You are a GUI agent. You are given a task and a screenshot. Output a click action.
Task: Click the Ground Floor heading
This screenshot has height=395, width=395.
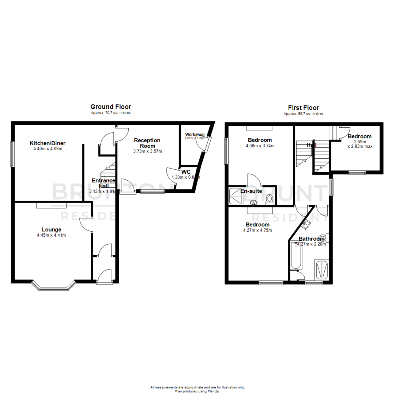[111, 107]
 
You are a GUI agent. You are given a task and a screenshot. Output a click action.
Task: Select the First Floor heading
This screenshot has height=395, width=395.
[303, 108]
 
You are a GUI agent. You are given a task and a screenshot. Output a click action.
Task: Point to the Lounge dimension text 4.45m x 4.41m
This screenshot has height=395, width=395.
[52, 235]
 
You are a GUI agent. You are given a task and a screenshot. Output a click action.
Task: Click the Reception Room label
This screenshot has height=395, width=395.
[147, 143]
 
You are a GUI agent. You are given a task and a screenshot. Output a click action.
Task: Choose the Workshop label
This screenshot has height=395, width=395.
[195, 135]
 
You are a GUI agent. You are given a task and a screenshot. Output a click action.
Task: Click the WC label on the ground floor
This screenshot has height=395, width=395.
[186, 172]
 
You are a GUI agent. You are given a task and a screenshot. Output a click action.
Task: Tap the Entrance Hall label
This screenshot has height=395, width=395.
[104, 183]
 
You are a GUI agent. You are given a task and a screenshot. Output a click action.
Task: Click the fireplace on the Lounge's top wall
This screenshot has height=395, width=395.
[52, 206]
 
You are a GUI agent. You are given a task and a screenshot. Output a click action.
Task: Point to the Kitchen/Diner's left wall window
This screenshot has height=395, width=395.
[13, 154]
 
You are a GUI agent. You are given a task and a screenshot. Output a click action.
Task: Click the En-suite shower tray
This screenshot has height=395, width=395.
[235, 196]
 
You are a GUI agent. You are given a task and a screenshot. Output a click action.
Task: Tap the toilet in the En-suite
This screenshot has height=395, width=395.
[270, 199]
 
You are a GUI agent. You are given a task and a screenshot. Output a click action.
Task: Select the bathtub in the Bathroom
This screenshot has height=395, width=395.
[295, 256]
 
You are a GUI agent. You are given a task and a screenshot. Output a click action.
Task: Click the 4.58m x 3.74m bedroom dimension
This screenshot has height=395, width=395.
[260, 146]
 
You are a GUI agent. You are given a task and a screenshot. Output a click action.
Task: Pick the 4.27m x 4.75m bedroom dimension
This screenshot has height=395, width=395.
[257, 230]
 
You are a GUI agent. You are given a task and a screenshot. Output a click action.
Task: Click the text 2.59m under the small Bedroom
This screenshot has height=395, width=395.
[360, 142]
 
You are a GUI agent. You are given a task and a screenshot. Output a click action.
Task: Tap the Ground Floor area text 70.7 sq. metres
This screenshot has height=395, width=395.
[110, 113]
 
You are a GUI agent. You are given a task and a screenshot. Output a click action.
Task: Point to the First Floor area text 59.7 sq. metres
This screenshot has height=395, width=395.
[303, 114]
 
